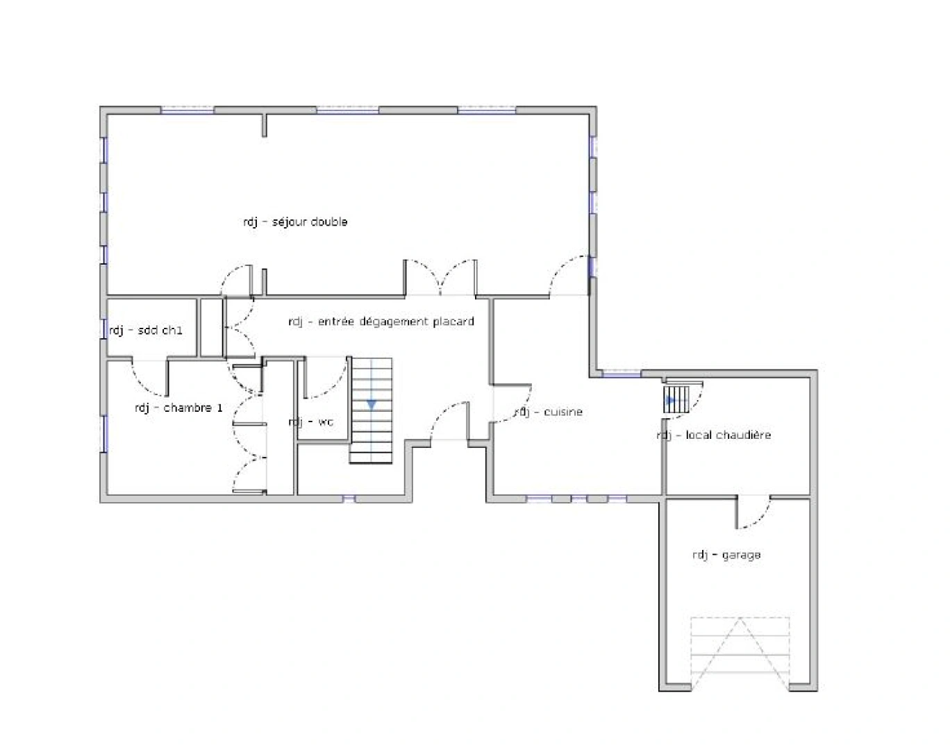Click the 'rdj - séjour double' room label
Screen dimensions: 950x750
295,222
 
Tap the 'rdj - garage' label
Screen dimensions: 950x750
726,555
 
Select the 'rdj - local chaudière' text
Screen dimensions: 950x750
714,435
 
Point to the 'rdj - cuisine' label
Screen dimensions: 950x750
549,412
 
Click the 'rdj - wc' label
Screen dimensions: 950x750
310,422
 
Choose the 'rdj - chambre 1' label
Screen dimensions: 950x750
178,408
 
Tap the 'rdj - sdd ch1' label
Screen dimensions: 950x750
146,330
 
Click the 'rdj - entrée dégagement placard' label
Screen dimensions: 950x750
381,322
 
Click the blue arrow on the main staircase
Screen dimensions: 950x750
372,404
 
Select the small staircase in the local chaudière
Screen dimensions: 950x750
676,399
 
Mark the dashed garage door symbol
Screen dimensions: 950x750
740,653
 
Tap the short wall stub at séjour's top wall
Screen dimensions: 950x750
265,126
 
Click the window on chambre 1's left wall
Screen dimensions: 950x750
105,434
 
